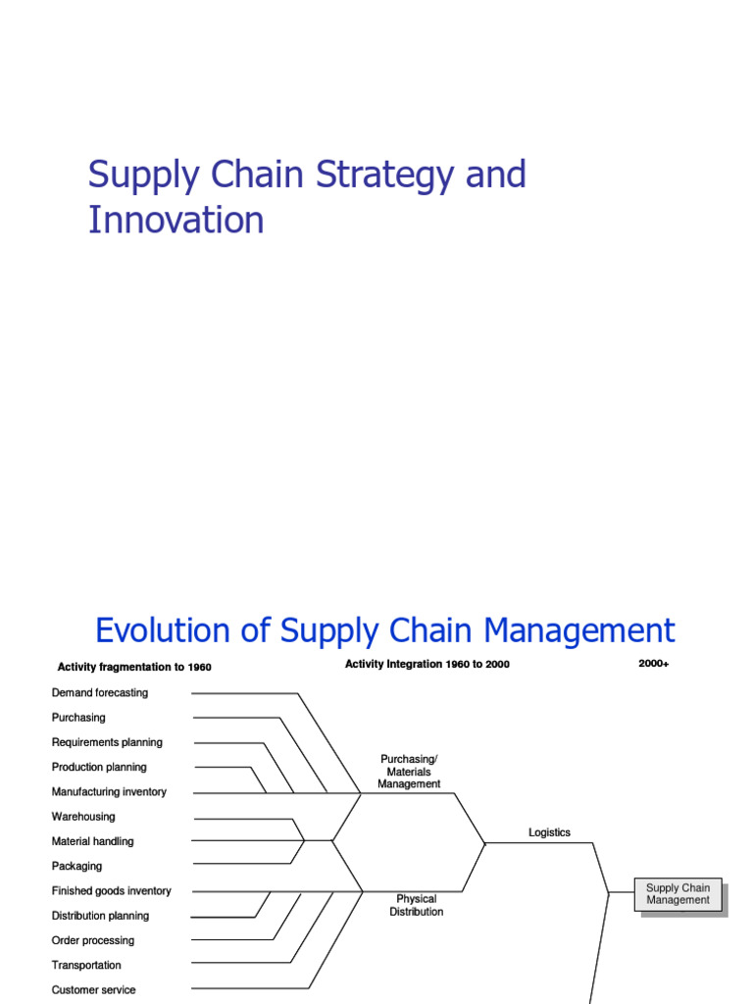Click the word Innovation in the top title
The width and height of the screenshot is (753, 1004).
tap(176, 220)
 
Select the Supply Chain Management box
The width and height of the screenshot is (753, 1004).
tap(678, 894)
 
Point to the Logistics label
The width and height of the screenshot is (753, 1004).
tap(549, 832)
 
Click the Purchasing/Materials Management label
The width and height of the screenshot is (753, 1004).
tap(409, 772)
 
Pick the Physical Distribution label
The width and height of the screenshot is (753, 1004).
tap(416, 905)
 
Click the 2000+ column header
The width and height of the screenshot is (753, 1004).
tap(653, 664)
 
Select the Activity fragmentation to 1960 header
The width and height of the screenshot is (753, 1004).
tap(134, 668)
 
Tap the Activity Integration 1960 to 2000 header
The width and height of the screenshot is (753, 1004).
tap(427, 664)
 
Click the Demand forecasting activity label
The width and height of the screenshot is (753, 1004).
tap(100, 692)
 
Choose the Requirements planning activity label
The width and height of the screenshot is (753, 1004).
tap(107, 742)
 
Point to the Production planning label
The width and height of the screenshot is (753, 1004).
tap(99, 767)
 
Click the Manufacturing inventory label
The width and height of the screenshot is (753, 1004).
tap(109, 791)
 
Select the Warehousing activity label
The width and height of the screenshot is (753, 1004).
tap(83, 816)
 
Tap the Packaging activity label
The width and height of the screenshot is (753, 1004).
tap(76, 866)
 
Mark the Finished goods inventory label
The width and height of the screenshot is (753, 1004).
tap(111, 890)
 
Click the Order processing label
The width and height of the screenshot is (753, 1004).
tap(93, 940)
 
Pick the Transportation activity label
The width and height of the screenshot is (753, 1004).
tap(86, 965)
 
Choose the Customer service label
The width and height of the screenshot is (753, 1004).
tap(94, 989)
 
